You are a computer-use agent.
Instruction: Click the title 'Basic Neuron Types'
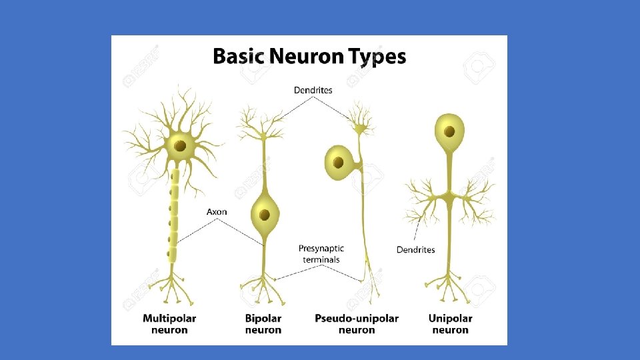click(x=309, y=57)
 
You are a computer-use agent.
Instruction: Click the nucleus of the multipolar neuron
click(x=179, y=145)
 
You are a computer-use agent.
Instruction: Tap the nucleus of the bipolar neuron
click(x=265, y=215)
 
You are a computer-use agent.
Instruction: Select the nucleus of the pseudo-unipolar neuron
click(x=339, y=162)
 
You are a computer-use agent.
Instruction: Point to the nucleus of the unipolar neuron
click(x=450, y=131)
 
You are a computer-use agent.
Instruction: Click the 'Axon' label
click(x=217, y=212)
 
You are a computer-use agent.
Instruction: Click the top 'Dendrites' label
click(x=313, y=90)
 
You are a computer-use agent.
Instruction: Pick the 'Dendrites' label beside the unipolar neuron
click(x=415, y=250)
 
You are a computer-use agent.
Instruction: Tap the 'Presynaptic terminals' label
click(x=321, y=254)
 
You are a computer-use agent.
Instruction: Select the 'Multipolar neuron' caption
click(x=169, y=324)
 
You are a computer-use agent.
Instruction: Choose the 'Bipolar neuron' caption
click(x=263, y=324)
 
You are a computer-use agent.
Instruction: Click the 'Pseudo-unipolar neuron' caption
click(x=357, y=324)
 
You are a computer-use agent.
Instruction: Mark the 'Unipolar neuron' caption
click(x=451, y=324)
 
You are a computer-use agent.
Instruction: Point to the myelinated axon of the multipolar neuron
click(x=173, y=220)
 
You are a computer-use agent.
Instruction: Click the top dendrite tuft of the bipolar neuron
click(x=264, y=123)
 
